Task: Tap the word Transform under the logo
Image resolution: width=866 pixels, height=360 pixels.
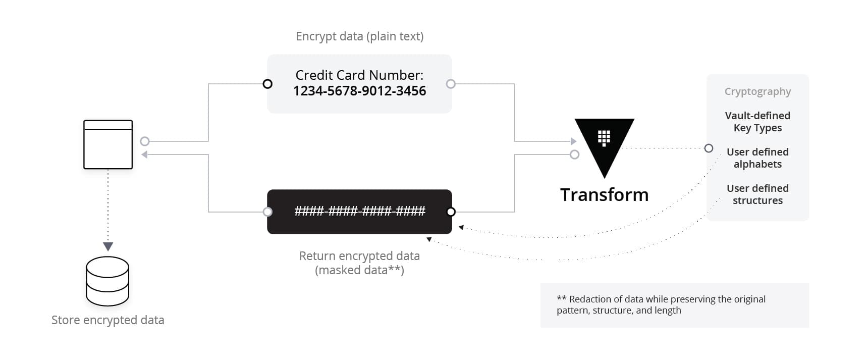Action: point(604,195)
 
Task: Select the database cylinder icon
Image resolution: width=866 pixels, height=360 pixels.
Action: point(107,281)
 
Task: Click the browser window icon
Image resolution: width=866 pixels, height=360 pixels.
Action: point(108,144)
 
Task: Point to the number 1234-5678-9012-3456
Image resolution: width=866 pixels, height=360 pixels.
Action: point(359,91)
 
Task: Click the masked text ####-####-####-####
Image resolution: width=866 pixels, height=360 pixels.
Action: point(359,211)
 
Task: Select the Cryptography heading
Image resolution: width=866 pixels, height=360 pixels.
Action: point(757,91)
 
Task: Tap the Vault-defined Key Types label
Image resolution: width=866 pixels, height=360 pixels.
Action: point(757,122)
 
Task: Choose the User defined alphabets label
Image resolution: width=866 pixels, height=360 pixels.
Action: point(757,158)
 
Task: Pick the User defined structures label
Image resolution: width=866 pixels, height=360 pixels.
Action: point(757,194)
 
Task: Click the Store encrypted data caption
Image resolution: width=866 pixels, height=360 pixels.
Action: point(108,320)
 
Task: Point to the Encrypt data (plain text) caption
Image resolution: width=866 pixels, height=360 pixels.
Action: point(359,36)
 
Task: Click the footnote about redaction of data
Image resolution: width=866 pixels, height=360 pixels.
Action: point(661,305)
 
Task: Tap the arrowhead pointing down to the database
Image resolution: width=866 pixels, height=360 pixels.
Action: point(108,246)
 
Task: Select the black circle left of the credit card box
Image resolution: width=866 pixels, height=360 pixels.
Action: point(268,84)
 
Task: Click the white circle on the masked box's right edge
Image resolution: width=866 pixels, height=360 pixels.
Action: point(451,212)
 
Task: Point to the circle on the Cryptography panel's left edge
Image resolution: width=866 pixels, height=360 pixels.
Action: point(709,148)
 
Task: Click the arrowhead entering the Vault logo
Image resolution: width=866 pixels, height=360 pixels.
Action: point(573,141)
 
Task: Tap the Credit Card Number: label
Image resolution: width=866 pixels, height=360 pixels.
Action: point(359,75)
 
